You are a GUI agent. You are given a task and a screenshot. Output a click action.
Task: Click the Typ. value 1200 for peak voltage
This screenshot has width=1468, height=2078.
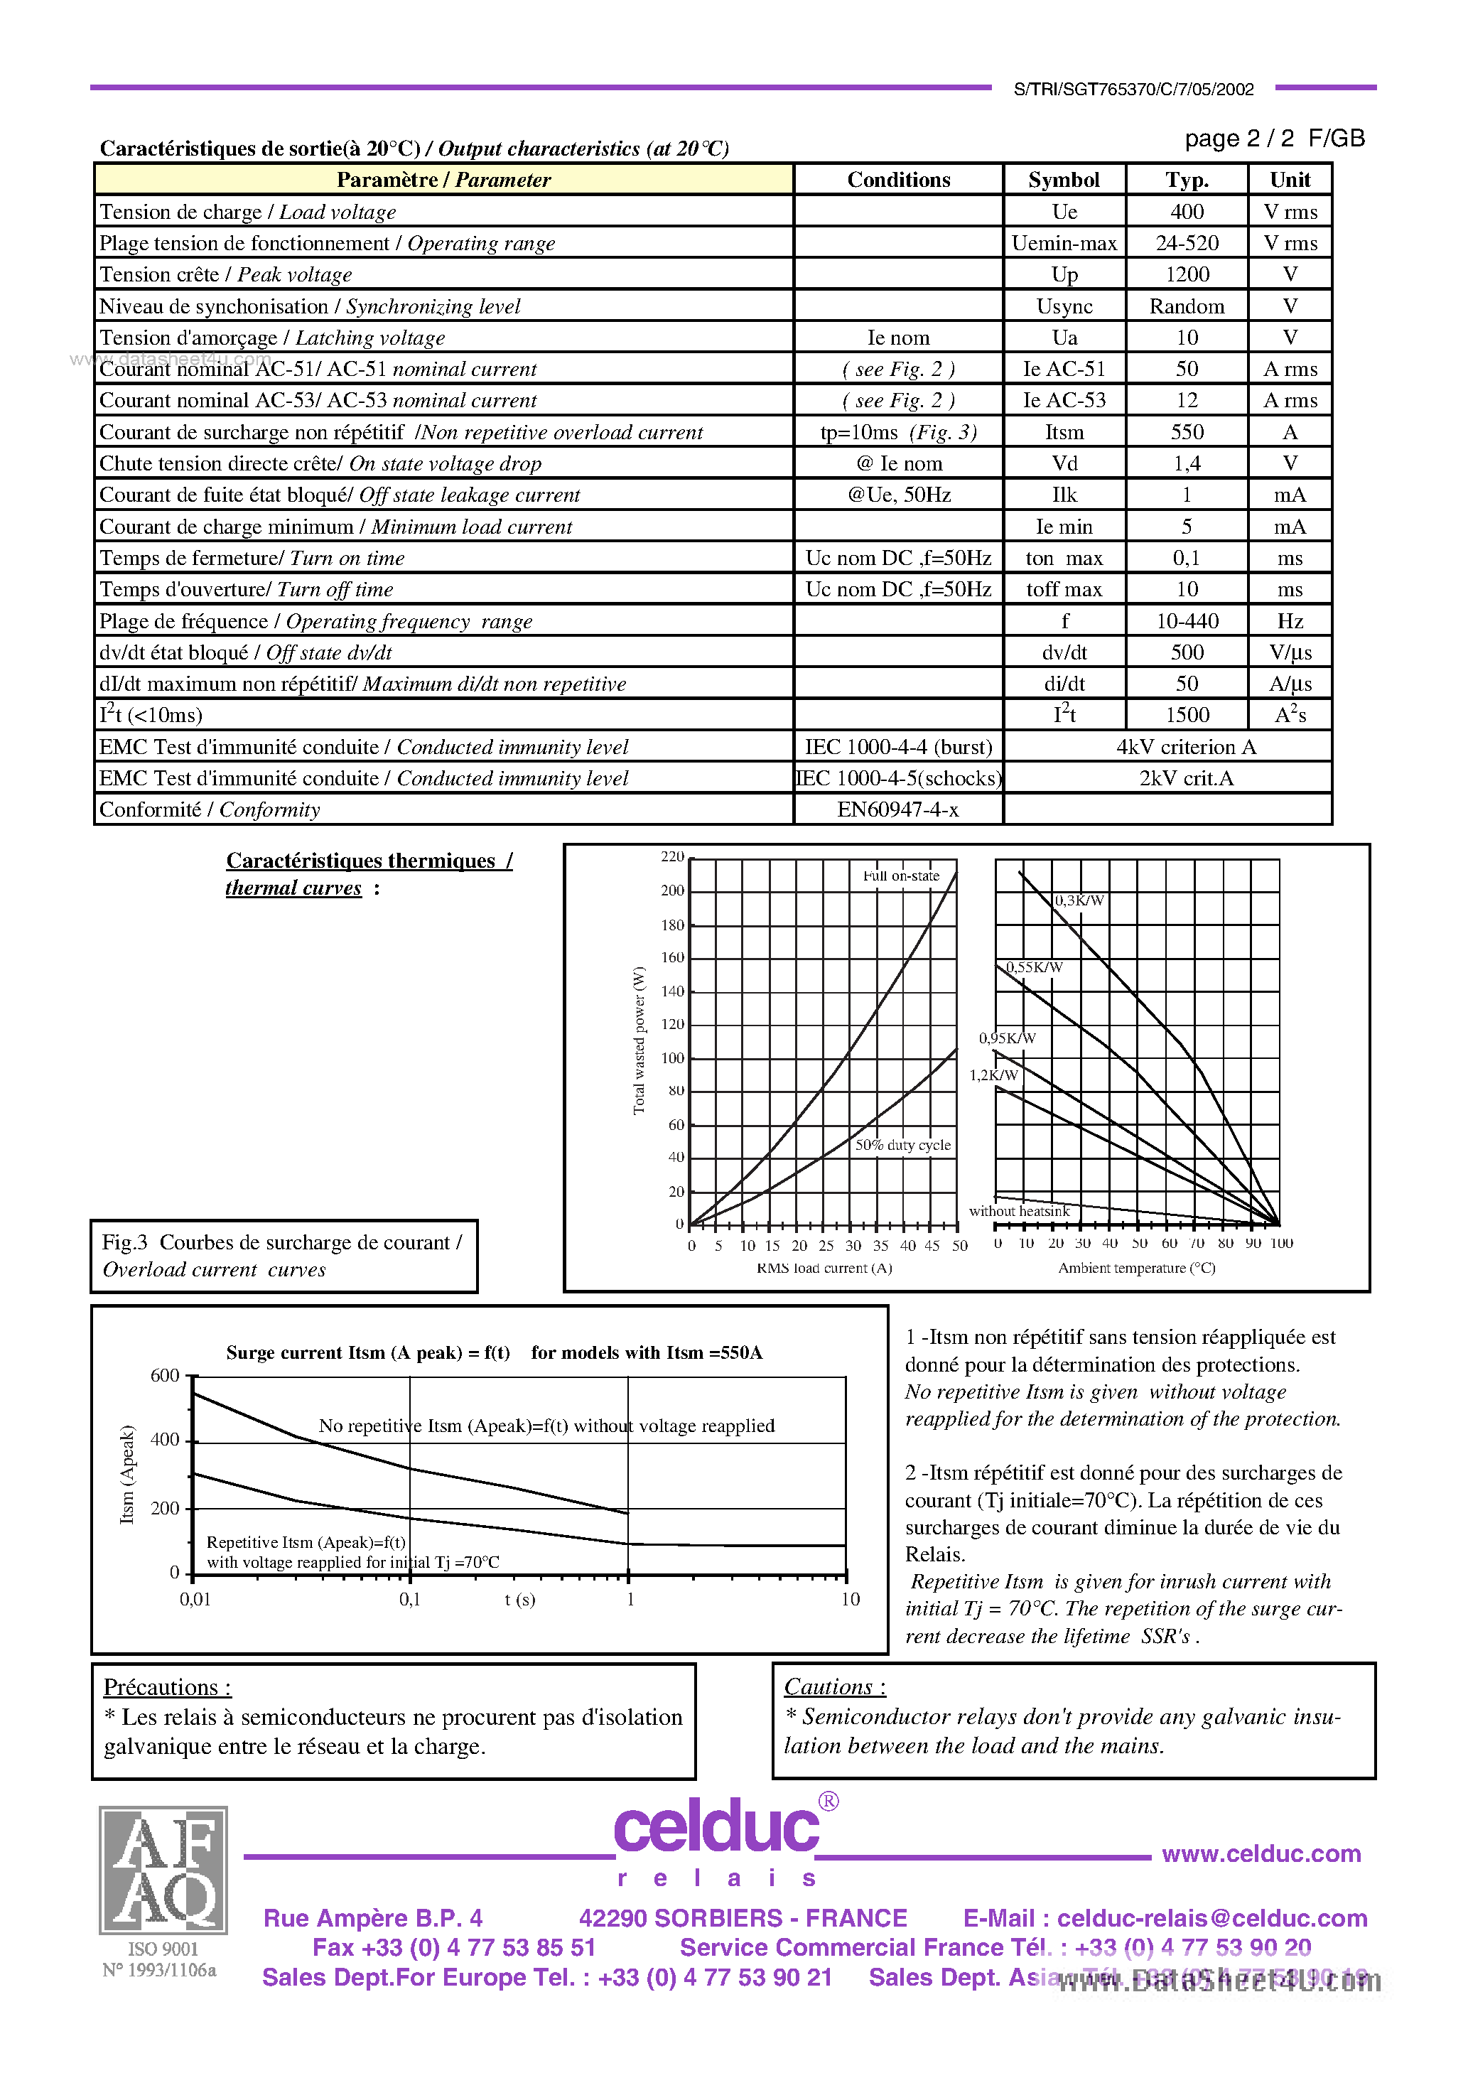[1187, 274]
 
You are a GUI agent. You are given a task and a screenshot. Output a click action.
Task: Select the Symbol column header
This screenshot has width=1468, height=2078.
[1064, 180]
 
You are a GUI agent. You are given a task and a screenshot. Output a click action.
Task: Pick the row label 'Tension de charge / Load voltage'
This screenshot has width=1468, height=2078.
[248, 212]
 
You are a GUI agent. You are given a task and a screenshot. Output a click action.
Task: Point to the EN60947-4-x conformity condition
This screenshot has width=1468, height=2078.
[898, 810]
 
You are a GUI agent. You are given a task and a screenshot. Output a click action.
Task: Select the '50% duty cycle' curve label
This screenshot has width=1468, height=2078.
[903, 1145]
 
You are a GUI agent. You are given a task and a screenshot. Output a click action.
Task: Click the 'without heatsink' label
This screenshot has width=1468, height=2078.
[1019, 1211]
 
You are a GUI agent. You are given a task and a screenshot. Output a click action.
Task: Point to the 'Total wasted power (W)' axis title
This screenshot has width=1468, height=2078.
[639, 1041]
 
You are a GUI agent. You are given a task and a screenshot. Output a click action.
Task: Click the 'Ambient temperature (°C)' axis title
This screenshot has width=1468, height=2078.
[1137, 1268]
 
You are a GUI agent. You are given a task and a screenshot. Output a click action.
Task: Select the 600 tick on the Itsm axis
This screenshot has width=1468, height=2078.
[165, 1376]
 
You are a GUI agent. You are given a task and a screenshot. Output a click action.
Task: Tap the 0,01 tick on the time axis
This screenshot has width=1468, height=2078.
[195, 1599]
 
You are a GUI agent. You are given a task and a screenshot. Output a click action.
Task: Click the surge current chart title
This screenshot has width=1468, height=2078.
[494, 1352]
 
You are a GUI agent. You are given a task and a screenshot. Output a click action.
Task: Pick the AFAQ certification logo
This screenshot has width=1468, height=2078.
[163, 1870]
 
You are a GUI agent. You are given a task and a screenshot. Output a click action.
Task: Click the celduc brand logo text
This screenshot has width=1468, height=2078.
[716, 1827]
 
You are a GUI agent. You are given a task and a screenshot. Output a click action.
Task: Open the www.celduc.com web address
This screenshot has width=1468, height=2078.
[1261, 1853]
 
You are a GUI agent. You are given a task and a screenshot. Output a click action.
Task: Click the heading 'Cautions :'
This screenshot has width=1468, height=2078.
[834, 1687]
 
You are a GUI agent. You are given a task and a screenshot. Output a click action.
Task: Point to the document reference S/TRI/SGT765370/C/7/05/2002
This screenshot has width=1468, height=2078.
[1133, 90]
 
